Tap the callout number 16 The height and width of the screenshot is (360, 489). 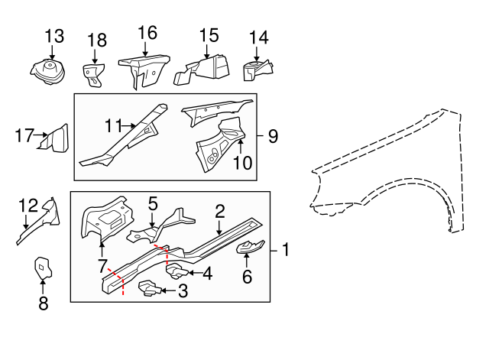[147, 32]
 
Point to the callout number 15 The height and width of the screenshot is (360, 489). [209, 35]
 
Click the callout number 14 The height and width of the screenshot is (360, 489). [259, 36]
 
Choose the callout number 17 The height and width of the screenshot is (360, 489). [24, 137]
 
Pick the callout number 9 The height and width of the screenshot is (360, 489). [272, 137]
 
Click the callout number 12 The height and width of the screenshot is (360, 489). [28, 205]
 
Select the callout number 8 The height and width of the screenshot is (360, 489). [43, 303]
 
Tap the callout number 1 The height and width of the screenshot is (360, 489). [284, 249]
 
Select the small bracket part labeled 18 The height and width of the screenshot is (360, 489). [93, 74]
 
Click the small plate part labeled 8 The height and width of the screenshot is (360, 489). [42, 268]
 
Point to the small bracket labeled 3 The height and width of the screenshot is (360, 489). [149, 288]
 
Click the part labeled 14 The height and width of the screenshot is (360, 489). [257, 72]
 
